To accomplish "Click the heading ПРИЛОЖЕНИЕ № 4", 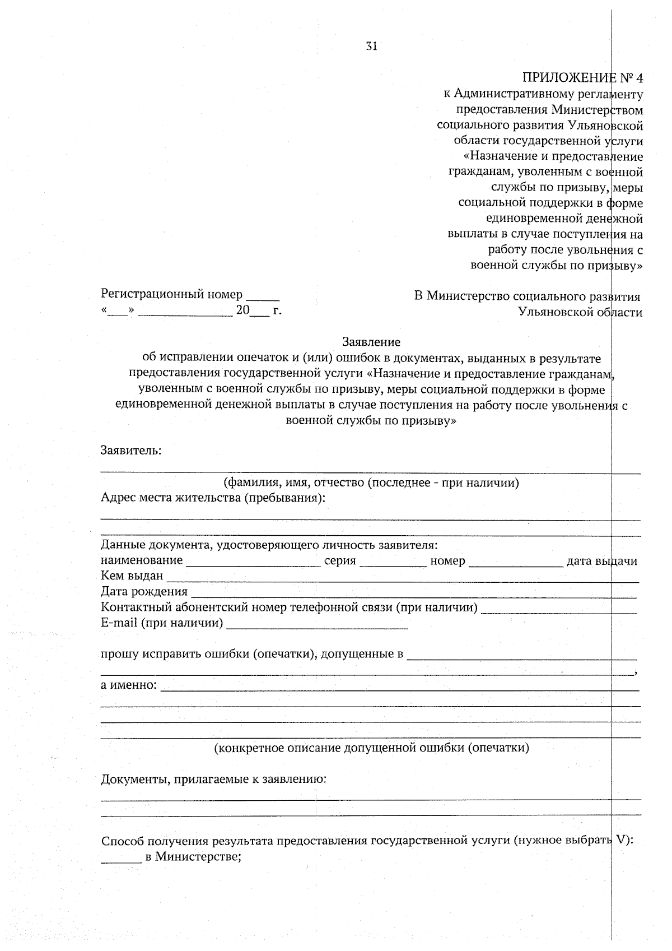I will pyautogui.click(x=583, y=77).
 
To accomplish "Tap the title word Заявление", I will pyautogui.click(x=371, y=342).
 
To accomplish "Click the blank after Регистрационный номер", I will pyautogui.click(x=263, y=298).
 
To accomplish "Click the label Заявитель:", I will pyautogui.click(x=131, y=451).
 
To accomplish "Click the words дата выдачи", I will pyautogui.click(x=601, y=562).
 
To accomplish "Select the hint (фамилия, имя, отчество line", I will pyautogui.click(x=371, y=483).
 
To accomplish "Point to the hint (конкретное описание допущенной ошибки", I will pyautogui.click(x=371, y=748).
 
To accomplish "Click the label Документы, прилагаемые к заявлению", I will pyautogui.click(x=213, y=779).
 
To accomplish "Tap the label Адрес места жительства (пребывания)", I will pyautogui.click(x=213, y=498).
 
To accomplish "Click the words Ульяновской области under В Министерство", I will pyautogui.click(x=580, y=312).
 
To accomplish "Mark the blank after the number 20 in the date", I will pyautogui.click(x=259, y=314).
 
